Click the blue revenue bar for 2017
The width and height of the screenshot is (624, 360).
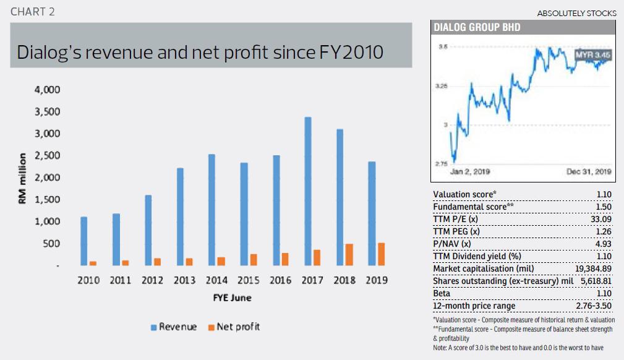pyautogui.click(x=308, y=191)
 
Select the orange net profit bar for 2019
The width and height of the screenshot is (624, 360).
pyautogui.click(x=381, y=254)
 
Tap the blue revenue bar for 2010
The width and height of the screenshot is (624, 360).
pyautogui.click(x=83, y=241)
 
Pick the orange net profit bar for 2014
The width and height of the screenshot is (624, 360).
pyautogui.click(x=221, y=261)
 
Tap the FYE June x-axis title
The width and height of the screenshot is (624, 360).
pyautogui.click(x=232, y=298)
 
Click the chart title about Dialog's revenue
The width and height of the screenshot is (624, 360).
pyautogui.click(x=200, y=52)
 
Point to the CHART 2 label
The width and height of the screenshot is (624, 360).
pyautogui.click(x=37, y=12)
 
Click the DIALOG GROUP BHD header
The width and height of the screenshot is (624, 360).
pyautogui.click(x=477, y=27)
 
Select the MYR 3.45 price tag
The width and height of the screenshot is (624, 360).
pyautogui.click(x=592, y=55)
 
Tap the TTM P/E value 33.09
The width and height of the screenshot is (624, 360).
pyautogui.click(x=602, y=218)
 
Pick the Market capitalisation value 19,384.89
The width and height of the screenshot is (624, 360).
pyautogui.click(x=591, y=268)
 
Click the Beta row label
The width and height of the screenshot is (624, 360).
pyautogui.click(x=443, y=293)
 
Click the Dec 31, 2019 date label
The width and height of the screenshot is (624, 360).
pyautogui.click(x=588, y=171)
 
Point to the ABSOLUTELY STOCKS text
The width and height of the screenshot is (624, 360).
pyautogui.click(x=576, y=13)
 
